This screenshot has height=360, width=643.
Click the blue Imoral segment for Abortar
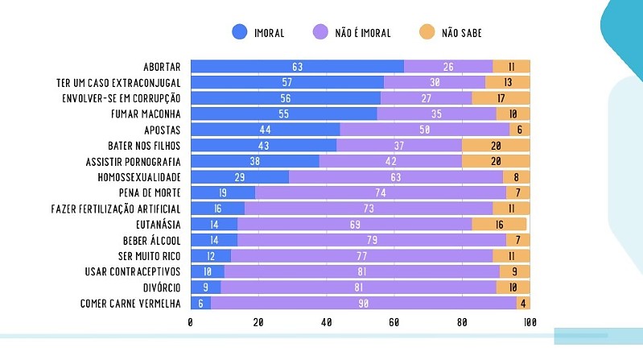(297, 67)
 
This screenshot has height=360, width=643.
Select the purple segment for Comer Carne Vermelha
(363, 303)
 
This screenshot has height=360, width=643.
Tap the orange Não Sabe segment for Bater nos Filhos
(496, 146)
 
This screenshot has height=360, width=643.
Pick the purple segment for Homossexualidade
(395, 177)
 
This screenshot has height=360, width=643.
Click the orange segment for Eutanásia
(499, 224)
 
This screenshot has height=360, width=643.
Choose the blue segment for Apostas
(265, 130)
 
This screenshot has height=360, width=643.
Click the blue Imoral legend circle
(240, 32)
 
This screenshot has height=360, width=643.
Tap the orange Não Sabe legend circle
(427, 32)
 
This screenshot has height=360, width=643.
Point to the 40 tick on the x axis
(326, 323)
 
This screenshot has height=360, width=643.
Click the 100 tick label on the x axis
(529, 323)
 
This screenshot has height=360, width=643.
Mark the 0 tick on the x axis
(190, 323)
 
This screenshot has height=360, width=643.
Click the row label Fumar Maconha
(146, 114)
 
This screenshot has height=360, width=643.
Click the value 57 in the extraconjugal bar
(286, 83)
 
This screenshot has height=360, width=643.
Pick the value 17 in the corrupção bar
(501, 98)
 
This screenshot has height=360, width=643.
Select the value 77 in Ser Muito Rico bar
(361, 255)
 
